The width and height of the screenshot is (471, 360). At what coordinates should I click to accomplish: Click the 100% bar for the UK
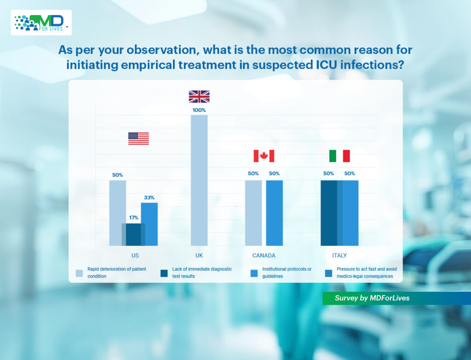199,180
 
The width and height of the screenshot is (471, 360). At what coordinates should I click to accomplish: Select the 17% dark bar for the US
133,235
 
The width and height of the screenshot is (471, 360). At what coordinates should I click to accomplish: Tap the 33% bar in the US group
149,224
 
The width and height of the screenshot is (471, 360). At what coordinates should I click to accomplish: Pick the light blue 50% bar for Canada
253,213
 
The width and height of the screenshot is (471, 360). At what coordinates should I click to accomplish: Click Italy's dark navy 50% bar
329,213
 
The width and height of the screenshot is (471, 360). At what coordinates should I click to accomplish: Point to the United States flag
138,139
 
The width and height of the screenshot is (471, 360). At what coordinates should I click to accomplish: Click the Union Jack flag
199,96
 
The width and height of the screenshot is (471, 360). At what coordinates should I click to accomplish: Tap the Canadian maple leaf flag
264,156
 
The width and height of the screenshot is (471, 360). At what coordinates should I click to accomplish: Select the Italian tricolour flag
339,156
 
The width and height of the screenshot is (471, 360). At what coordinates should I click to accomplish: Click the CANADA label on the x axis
264,255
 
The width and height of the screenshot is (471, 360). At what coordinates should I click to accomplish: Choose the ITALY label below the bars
339,255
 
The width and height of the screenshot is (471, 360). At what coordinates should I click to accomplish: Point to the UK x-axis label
199,255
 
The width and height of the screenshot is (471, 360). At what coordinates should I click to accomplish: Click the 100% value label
199,110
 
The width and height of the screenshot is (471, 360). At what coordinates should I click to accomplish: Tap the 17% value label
133,217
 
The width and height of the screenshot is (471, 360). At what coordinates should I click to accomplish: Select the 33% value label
149,197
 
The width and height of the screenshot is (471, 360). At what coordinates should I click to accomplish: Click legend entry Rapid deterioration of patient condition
110,273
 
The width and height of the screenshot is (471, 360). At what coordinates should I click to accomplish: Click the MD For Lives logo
41,23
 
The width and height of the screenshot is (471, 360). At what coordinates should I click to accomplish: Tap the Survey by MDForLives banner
372,298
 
